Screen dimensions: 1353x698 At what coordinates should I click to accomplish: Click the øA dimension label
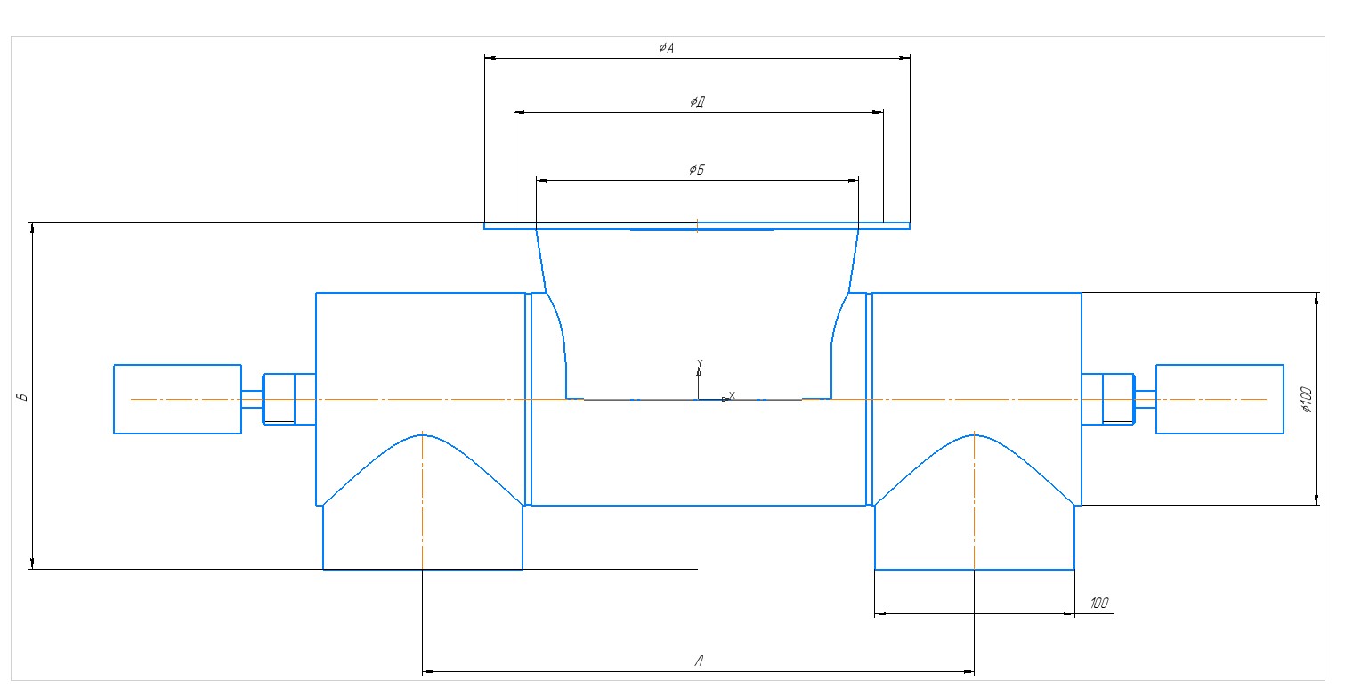click(x=666, y=47)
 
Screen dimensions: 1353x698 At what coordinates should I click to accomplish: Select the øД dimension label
click(x=698, y=101)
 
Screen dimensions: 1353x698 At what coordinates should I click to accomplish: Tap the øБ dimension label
click(x=697, y=169)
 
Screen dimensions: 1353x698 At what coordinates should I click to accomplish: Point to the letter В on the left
click(x=22, y=397)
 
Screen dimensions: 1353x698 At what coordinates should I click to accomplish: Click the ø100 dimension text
click(x=1307, y=400)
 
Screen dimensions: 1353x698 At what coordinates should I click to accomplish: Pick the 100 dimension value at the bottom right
click(x=1099, y=603)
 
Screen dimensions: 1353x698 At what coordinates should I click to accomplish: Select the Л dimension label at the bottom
click(x=699, y=661)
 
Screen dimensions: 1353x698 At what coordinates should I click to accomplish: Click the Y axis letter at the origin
click(x=700, y=363)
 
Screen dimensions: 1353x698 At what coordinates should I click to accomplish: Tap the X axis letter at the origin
click(x=732, y=395)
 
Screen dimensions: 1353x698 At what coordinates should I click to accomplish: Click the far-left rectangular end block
click(x=178, y=399)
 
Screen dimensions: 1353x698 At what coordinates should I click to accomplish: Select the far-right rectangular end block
click(x=1219, y=399)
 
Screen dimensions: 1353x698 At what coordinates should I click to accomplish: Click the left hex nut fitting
click(x=280, y=399)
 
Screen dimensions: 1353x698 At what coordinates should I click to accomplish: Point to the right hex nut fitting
click(x=1119, y=399)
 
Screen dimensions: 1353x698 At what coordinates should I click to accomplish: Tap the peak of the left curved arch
click(x=422, y=434)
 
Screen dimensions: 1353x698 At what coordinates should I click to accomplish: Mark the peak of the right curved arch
click(x=975, y=434)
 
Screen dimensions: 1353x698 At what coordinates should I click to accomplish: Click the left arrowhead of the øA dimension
click(x=490, y=58)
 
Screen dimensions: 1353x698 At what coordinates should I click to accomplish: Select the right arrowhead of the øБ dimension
click(x=853, y=180)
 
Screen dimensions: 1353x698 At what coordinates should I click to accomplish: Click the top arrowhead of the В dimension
click(x=32, y=229)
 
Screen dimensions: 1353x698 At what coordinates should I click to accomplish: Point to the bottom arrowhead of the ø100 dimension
click(x=1317, y=499)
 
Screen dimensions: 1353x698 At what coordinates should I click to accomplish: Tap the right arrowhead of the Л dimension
click(x=968, y=671)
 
